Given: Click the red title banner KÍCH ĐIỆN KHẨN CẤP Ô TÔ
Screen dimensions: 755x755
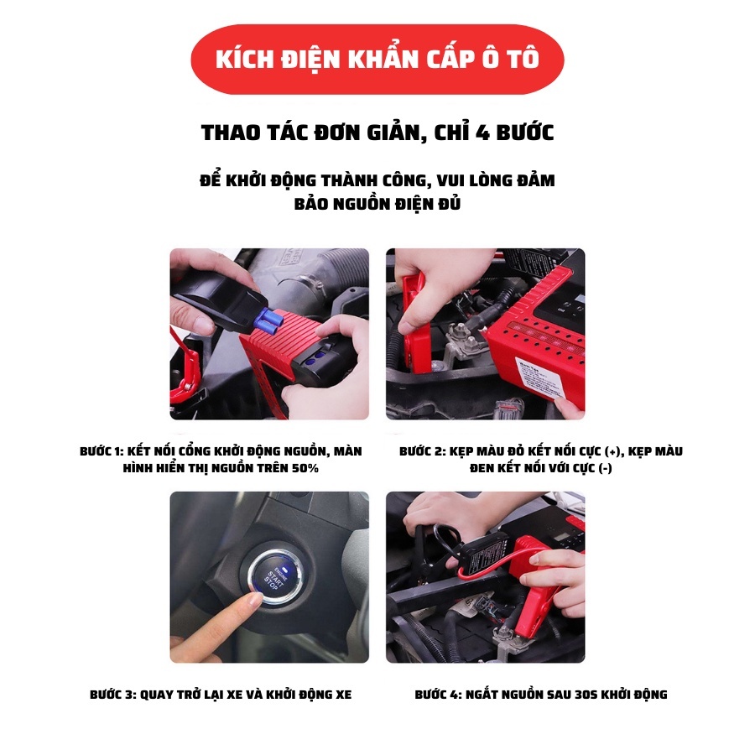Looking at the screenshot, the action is tap(377, 60).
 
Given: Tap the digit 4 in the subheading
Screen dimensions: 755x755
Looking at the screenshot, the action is tap(482, 133).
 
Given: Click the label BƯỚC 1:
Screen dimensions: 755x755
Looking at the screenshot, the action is tap(102, 451).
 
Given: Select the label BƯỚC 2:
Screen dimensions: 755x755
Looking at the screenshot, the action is tap(422, 451).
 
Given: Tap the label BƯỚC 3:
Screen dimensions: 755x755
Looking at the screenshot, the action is tap(112, 695).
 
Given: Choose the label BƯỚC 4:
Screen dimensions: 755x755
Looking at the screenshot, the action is tap(438, 695).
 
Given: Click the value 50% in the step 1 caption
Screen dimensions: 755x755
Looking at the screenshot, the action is tap(305, 468).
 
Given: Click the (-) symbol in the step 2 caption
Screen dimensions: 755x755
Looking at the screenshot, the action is tap(605, 468).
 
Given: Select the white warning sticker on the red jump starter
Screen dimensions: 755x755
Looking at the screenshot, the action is tap(539, 380).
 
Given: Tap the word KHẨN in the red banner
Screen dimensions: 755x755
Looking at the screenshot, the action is tap(383, 59).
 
